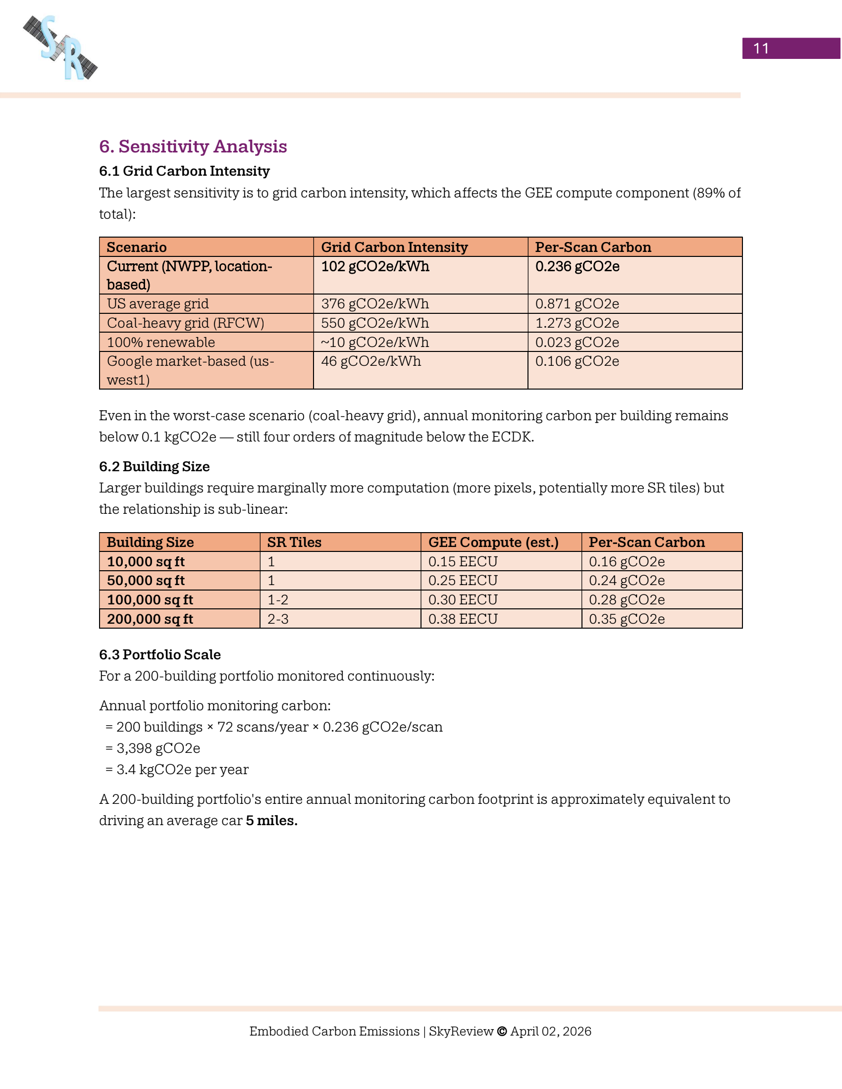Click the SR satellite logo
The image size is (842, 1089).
click(x=60, y=48)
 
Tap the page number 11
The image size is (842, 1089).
click(x=761, y=49)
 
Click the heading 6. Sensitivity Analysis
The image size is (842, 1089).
click(x=193, y=147)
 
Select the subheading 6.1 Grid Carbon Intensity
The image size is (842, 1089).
click(x=184, y=171)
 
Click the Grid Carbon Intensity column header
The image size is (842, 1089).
click(x=394, y=247)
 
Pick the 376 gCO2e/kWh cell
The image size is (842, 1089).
click(x=374, y=303)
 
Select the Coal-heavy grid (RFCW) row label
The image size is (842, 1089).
click(x=186, y=323)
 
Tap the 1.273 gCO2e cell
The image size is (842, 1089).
click(x=577, y=323)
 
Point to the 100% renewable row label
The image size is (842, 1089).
click(x=160, y=343)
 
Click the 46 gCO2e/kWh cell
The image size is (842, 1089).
click(x=370, y=361)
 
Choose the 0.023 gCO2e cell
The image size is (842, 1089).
click(x=577, y=343)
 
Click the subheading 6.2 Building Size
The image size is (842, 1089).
click(x=154, y=467)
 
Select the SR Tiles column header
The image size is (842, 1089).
click(x=294, y=543)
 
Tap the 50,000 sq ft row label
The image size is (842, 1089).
click(x=146, y=581)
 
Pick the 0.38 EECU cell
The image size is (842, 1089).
click(x=463, y=619)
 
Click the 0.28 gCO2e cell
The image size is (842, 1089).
click(x=627, y=600)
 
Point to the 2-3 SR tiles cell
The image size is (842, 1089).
click(x=278, y=619)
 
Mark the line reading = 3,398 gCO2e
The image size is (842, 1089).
click(x=153, y=748)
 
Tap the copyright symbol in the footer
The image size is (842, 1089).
click(x=502, y=1031)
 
